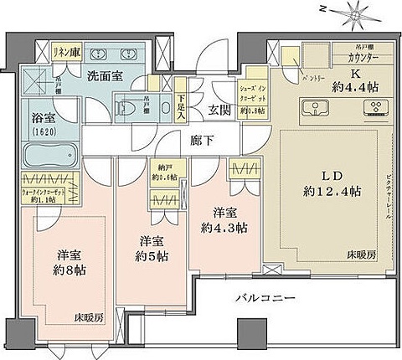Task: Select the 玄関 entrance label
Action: (221, 109)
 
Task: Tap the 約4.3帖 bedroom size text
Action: (218, 225)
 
